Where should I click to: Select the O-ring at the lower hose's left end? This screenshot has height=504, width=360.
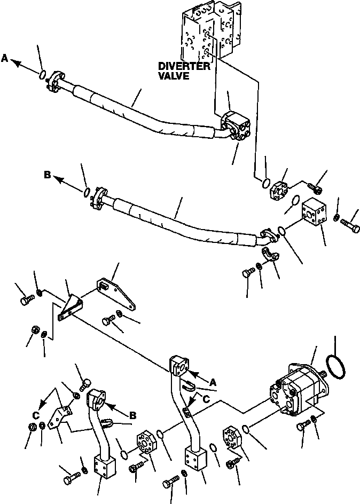tap(86, 191)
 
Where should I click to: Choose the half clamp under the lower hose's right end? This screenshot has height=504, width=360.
tap(273, 255)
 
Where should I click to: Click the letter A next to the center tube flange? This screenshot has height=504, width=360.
tap(213, 382)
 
